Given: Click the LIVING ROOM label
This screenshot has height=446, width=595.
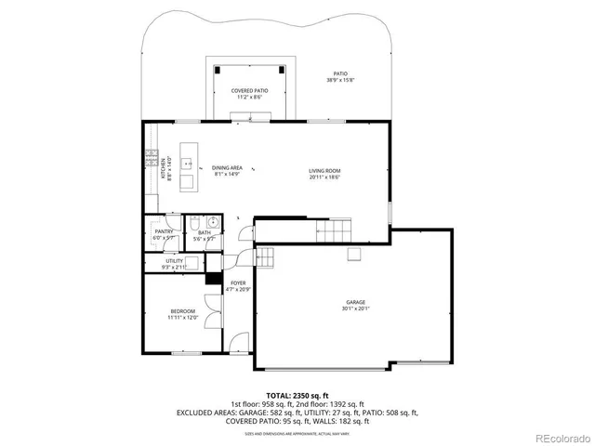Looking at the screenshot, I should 325,170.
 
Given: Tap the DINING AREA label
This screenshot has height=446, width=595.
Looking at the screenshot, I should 227,167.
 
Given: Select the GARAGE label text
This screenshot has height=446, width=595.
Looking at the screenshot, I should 355,302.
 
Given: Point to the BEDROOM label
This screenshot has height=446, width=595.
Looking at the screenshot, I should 182,310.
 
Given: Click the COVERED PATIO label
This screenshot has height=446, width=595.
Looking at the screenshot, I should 249,90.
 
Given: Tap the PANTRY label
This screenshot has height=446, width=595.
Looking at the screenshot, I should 164,231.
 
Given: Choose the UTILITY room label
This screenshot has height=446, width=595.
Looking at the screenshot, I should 175,261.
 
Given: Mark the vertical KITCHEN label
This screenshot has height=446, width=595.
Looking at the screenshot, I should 163,169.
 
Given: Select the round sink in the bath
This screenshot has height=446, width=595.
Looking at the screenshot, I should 213,223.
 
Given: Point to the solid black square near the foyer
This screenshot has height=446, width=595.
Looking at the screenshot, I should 211,277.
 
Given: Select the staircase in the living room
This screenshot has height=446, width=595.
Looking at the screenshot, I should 335,230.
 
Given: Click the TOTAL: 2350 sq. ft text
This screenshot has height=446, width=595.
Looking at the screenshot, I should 297,394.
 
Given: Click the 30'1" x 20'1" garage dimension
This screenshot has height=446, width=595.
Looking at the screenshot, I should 355,309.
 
